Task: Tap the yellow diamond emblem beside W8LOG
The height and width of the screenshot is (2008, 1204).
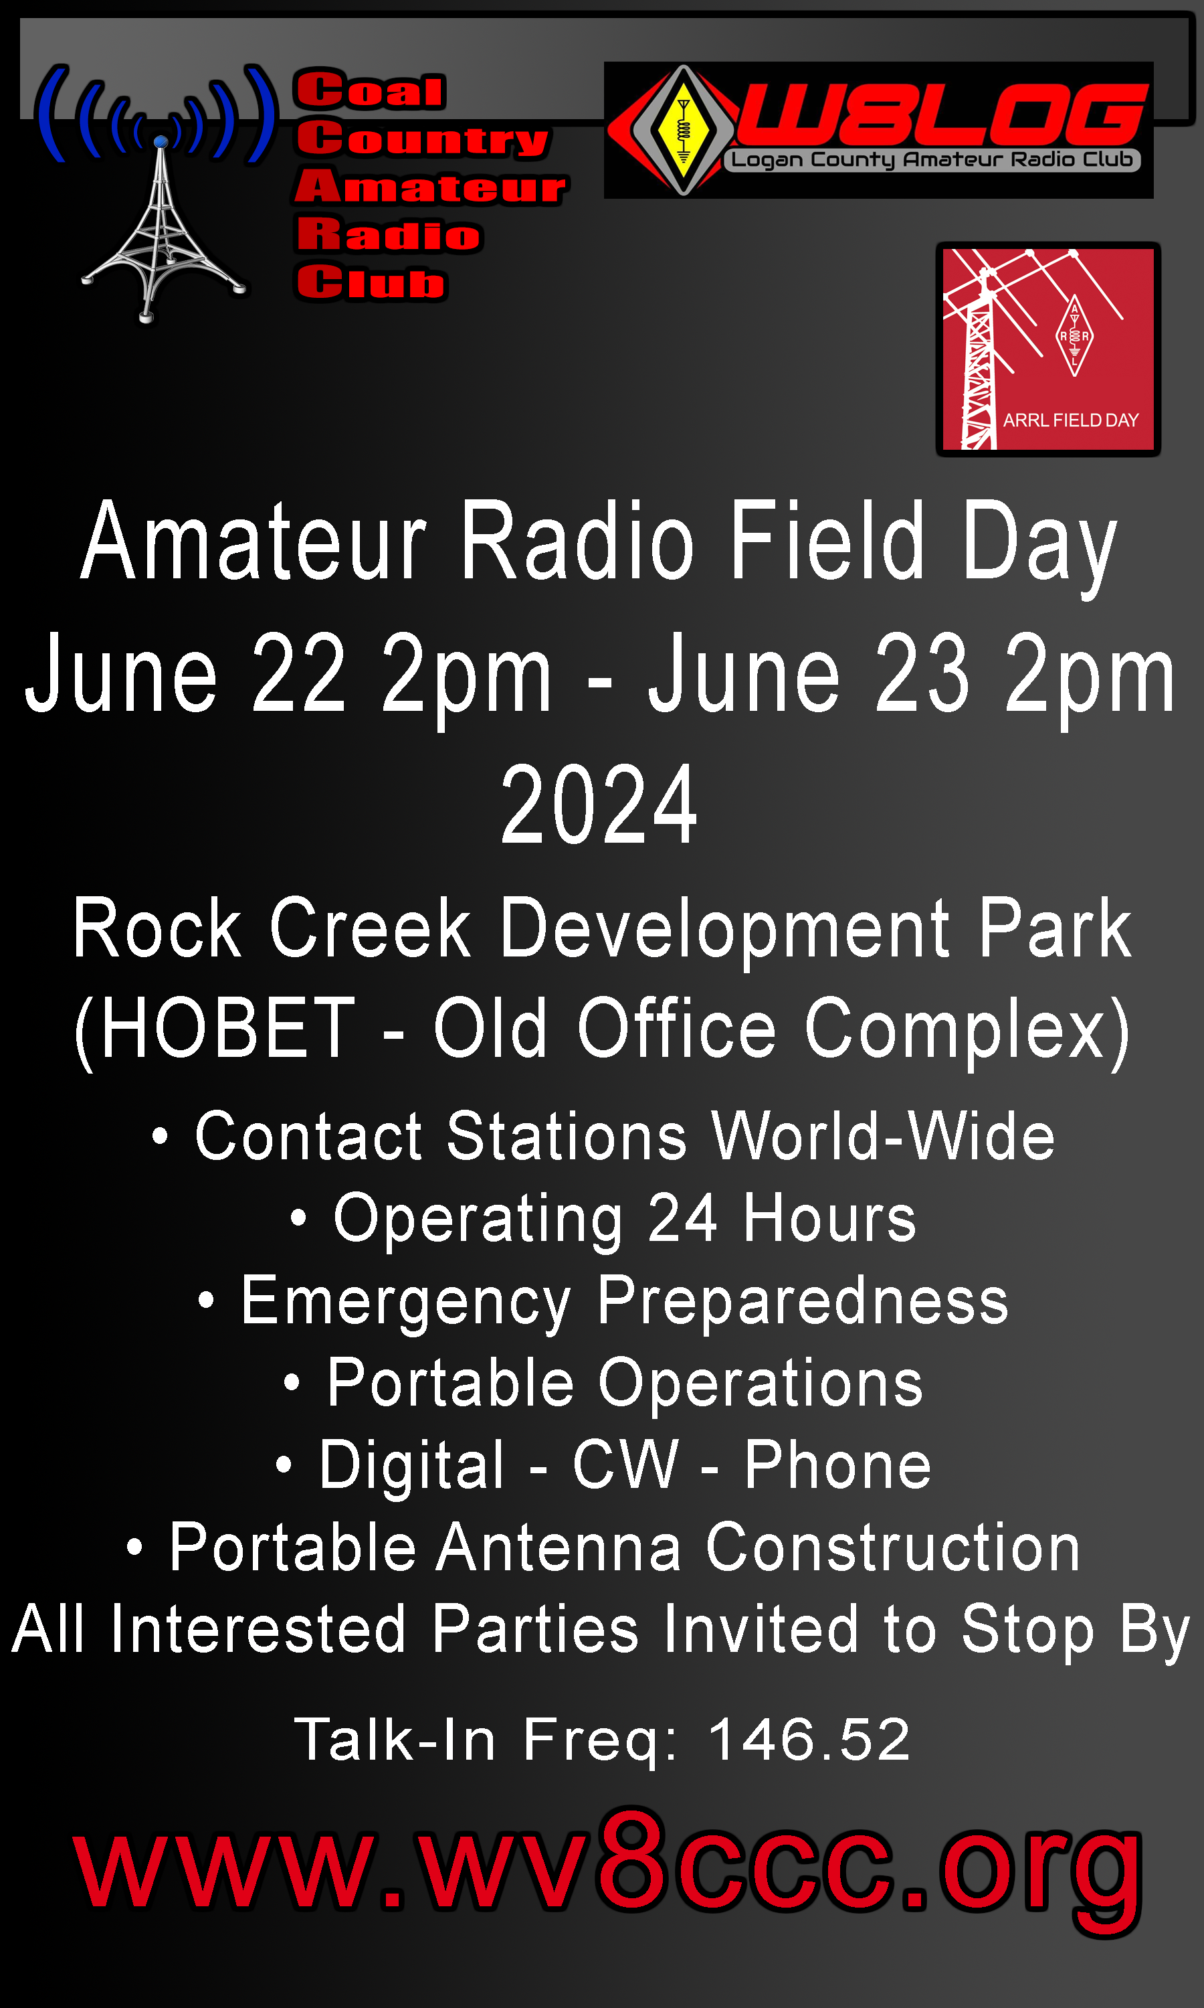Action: [x=684, y=130]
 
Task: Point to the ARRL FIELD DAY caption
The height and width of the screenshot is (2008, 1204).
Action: [x=1071, y=420]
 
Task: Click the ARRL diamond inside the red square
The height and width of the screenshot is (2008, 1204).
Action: [x=1074, y=335]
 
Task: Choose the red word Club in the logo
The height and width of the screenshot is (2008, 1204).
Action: [x=371, y=282]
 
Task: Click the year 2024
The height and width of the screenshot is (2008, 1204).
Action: [x=599, y=805]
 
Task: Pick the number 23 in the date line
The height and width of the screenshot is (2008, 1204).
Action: [x=922, y=673]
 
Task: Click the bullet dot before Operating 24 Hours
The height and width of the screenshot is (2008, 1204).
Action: [x=298, y=1218]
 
